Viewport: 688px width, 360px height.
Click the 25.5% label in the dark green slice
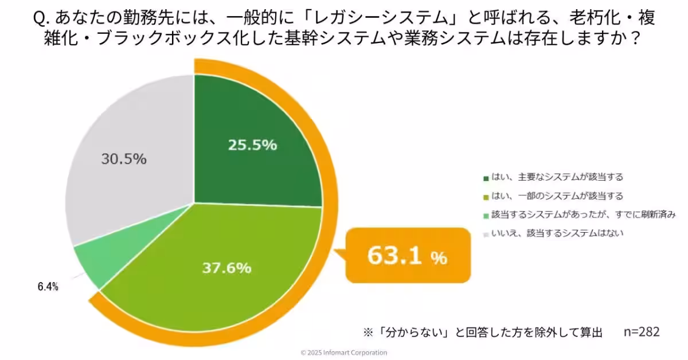252,145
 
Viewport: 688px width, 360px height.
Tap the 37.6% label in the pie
227,267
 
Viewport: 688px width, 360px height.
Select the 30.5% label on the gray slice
124,159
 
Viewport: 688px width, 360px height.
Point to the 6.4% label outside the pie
48,287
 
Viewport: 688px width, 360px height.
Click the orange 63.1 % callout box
407,256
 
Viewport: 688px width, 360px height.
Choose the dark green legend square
486,178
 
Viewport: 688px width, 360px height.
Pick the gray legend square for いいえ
486,234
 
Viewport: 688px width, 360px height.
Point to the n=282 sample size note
641,332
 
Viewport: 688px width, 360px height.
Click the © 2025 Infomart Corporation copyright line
344,353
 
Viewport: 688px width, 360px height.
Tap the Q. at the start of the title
41,19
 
